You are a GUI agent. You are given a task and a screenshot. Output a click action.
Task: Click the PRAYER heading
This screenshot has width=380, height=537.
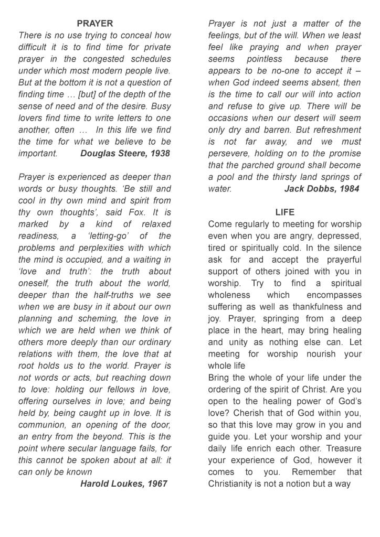click(x=94, y=24)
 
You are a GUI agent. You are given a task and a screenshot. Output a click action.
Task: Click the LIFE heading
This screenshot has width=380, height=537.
click(x=284, y=212)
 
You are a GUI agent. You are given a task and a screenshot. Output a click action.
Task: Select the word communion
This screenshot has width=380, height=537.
click(x=43, y=425)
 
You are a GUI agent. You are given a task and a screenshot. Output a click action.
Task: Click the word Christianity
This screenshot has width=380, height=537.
click(x=235, y=484)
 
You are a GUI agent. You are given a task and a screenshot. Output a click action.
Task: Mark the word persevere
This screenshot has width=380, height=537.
click(x=229, y=154)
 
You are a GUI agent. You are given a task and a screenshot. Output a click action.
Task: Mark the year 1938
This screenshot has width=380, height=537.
click(x=159, y=154)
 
